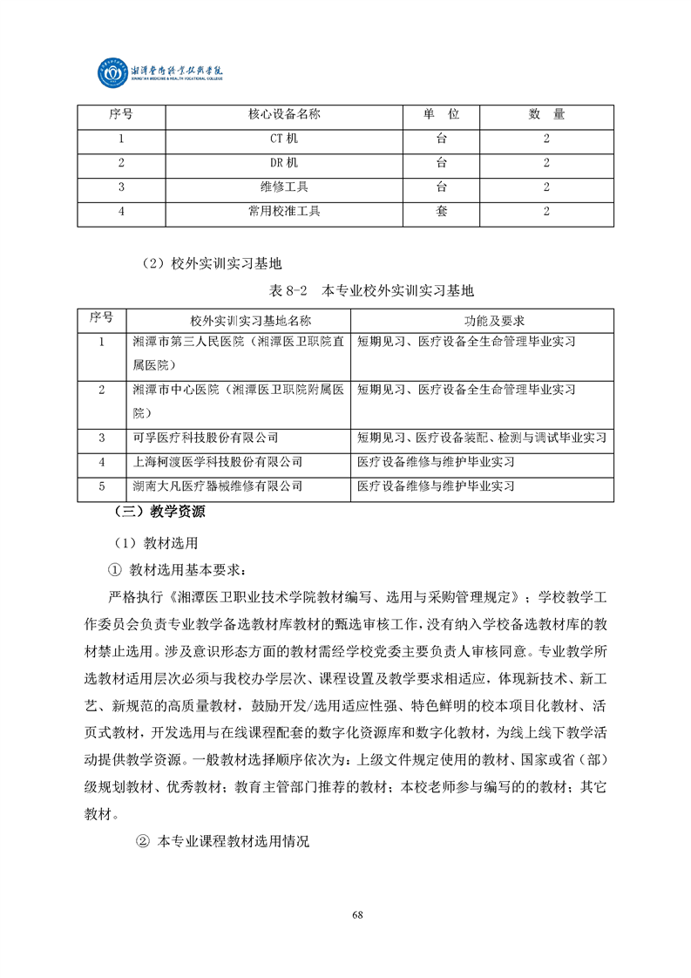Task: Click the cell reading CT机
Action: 284,139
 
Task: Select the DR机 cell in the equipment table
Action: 284,163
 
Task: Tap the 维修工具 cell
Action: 284,187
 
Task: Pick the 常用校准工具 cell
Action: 284,211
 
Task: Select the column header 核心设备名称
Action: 284,114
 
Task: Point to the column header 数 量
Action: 546,114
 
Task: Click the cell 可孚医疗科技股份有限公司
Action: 205,438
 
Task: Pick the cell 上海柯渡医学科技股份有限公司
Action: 217,461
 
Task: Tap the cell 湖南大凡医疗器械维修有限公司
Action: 217,486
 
